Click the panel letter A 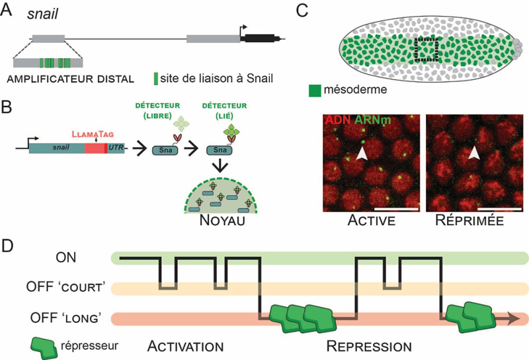click(9, 11)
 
